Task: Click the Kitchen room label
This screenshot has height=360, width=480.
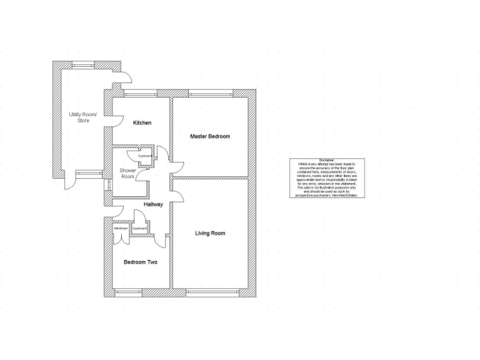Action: (142, 123)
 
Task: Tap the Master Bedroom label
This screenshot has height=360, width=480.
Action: (210, 136)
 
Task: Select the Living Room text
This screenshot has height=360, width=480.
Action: (210, 233)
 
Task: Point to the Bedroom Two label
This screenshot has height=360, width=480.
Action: (140, 262)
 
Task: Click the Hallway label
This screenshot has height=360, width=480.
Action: (153, 204)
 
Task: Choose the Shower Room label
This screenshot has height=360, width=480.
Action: (127, 173)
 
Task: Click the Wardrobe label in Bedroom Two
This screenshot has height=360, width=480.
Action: (121, 229)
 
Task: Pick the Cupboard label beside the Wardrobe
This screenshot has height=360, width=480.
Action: (140, 229)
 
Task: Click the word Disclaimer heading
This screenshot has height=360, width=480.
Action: (327, 161)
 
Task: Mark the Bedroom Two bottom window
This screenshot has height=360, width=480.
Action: (139, 292)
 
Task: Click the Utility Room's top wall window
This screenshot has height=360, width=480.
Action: (83, 64)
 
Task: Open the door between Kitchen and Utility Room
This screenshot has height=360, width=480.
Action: (116, 121)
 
